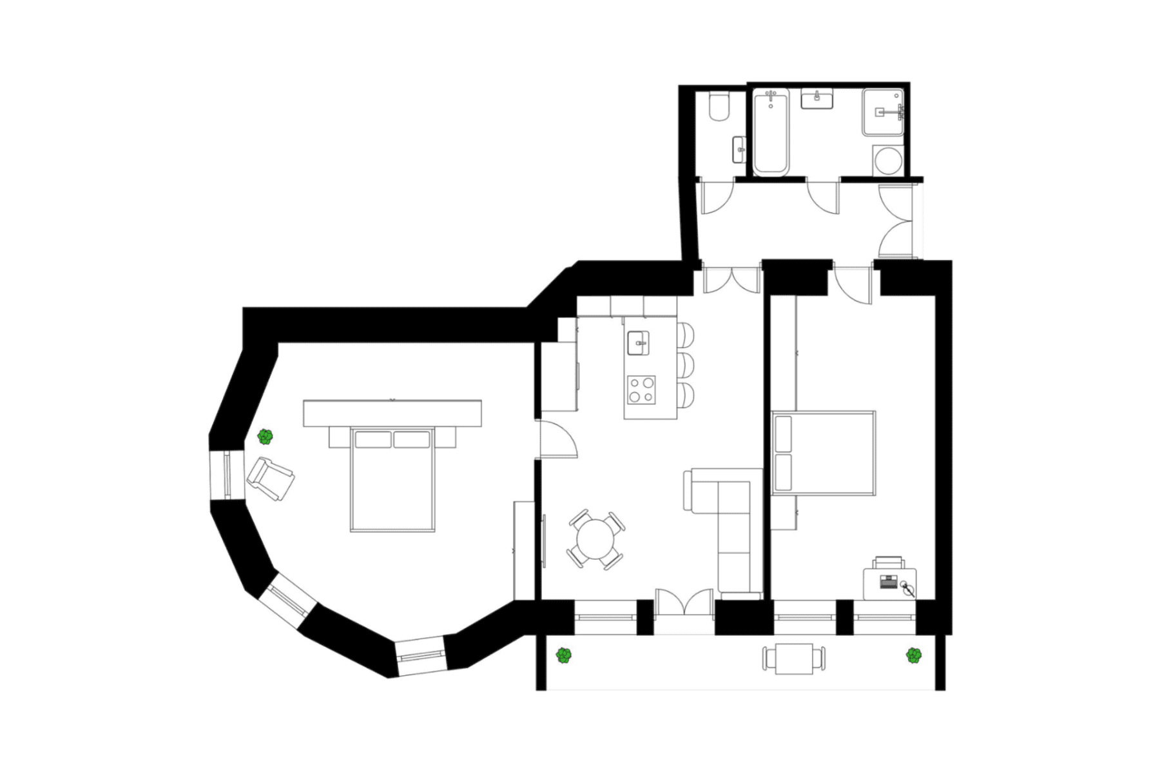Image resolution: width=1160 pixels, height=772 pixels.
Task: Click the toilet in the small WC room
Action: coord(719,108)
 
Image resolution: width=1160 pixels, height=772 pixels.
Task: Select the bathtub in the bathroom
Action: coord(771,132)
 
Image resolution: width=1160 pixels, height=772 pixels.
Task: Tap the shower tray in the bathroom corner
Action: coord(883,112)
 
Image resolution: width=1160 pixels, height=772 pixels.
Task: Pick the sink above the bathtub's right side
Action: coord(817,99)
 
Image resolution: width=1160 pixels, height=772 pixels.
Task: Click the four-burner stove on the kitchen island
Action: coord(641,390)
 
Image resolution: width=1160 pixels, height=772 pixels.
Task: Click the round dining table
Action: coord(595,539)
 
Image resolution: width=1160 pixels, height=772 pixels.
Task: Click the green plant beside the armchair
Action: coord(265,437)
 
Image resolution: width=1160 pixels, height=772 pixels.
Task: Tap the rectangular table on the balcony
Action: coord(794,658)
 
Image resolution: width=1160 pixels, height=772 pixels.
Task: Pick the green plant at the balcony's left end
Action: coord(564,656)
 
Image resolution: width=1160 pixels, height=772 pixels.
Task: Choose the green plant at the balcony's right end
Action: coord(913,656)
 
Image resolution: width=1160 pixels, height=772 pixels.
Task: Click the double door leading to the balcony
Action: coord(684,606)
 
